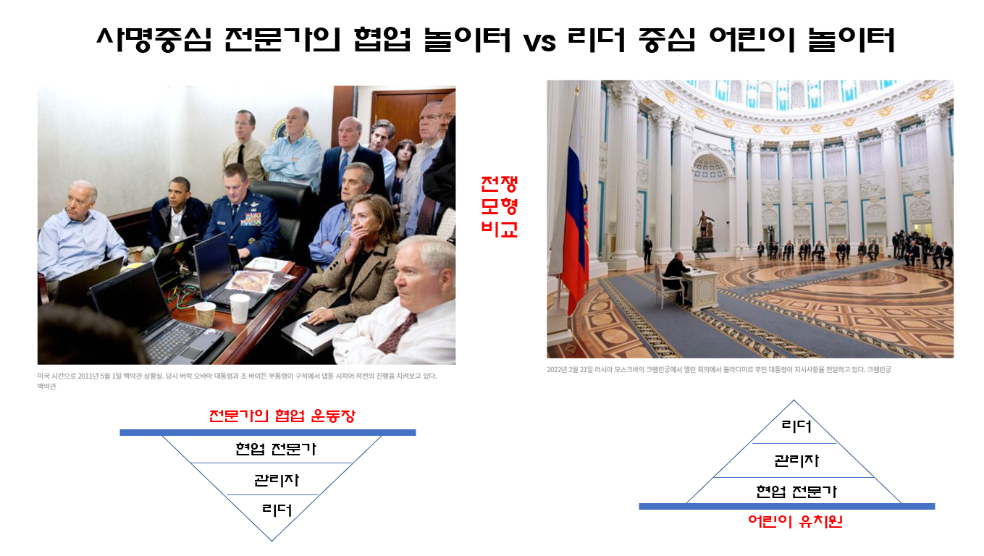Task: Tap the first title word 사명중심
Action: [x=154, y=40]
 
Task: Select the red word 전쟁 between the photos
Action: [x=499, y=184]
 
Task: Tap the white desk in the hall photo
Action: [x=702, y=287]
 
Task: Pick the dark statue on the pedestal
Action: [x=705, y=224]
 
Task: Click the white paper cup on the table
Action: [x=240, y=308]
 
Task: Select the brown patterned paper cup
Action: [x=205, y=313]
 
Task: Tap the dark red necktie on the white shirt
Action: [x=398, y=333]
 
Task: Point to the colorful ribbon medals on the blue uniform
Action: [x=251, y=219]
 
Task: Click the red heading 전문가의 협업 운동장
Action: [x=282, y=416]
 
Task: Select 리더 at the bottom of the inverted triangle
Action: [x=277, y=510]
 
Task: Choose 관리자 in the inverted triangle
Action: [x=277, y=479]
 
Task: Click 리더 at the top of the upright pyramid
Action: [x=796, y=426]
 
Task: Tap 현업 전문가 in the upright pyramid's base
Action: [x=796, y=492]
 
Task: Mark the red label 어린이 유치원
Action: [x=795, y=521]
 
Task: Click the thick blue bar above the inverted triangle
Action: [x=267, y=433]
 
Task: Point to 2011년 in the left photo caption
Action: [x=89, y=376]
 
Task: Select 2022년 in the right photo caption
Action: [x=557, y=370]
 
